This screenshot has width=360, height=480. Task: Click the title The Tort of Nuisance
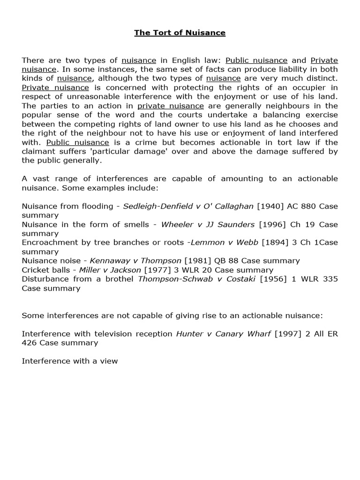tap(180, 33)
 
